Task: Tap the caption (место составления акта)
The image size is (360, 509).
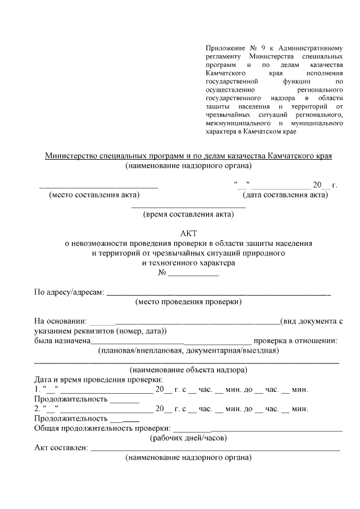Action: click(x=94, y=195)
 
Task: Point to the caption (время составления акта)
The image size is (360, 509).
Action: click(x=188, y=214)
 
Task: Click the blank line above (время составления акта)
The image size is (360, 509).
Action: click(x=188, y=207)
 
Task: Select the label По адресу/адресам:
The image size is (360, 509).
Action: click(x=69, y=292)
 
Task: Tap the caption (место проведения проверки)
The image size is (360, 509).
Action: click(x=188, y=302)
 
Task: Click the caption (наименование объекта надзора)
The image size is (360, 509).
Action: click(x=188, y=370)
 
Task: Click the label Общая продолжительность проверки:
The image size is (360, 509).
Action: click(x=102, y=427)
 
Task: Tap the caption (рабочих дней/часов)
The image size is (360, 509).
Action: click(x=188, y=437)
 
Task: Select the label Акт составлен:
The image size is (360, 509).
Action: click(x=61, y=448)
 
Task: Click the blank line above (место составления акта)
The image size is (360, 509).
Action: click(x=98, y=186)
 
